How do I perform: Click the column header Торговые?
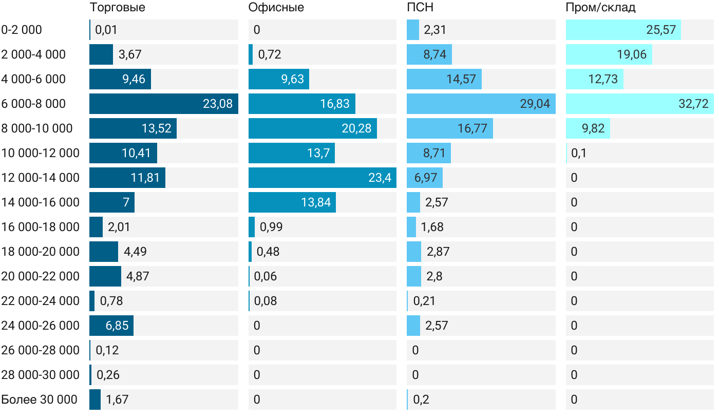pyautogui.click(x=117, y=8)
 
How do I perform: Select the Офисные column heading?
pyautogui.click(x=276, y=8)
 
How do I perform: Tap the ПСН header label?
pyautogui.click(x=417, y=8)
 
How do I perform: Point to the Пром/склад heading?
pyautogui.click(x=600, y=8)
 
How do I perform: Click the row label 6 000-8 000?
pyautogui.click(x=34, y=104)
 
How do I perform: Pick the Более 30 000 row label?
pyautogui.click(x=39, y=400)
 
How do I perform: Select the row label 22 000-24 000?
pyautogui.click(x=41, y=301)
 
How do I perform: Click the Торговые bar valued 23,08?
pyautogui.click(x=163, y=104)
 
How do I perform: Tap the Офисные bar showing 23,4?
pyautogui.click(x=322, y=178)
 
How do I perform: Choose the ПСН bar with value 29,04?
pyautogui.click(x=481, y=104)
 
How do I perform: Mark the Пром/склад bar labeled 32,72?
pyautogui.click(x=639, y=104)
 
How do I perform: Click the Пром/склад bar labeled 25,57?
pyautogui.click(x=623, y=30)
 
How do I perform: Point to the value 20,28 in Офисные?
pyautogui.click(x=356, y=128)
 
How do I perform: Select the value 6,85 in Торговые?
pyautogui.click(x=117, y=326)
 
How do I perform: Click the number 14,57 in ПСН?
pyautogui.click(x=461, y=79)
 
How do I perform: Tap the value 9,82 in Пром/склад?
pyautogui.click(x=593, y=128)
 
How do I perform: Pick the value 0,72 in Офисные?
pyautogui.click(x=270, y=54)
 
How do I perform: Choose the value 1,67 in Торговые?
pyautogui.click(x=117, y=400)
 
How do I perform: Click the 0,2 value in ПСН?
pyautogui.click(x=421, y=400)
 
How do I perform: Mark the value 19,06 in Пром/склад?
pyautogui.click(x=631, y=54)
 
